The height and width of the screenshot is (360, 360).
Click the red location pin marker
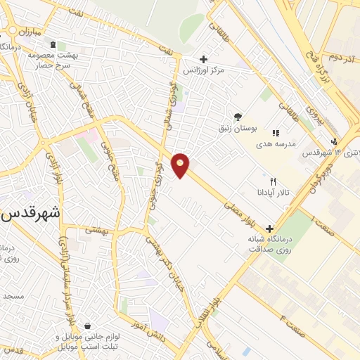[x=181, y=165]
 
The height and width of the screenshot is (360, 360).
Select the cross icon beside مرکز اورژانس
[x=204, y=59]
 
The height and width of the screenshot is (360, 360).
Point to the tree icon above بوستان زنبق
[x=238, y=117]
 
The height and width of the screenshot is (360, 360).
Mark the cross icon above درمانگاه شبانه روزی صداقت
[x=269, y=229]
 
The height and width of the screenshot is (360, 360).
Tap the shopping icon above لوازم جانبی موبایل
[x=86, y=326]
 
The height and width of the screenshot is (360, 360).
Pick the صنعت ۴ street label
[x=292, y=326]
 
